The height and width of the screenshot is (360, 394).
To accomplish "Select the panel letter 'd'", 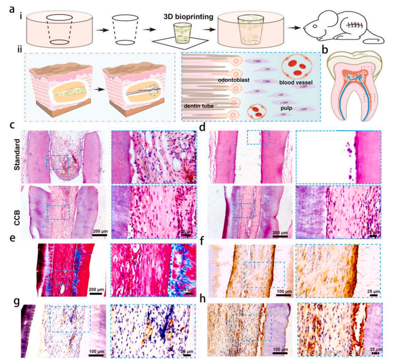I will click(203, 126).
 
